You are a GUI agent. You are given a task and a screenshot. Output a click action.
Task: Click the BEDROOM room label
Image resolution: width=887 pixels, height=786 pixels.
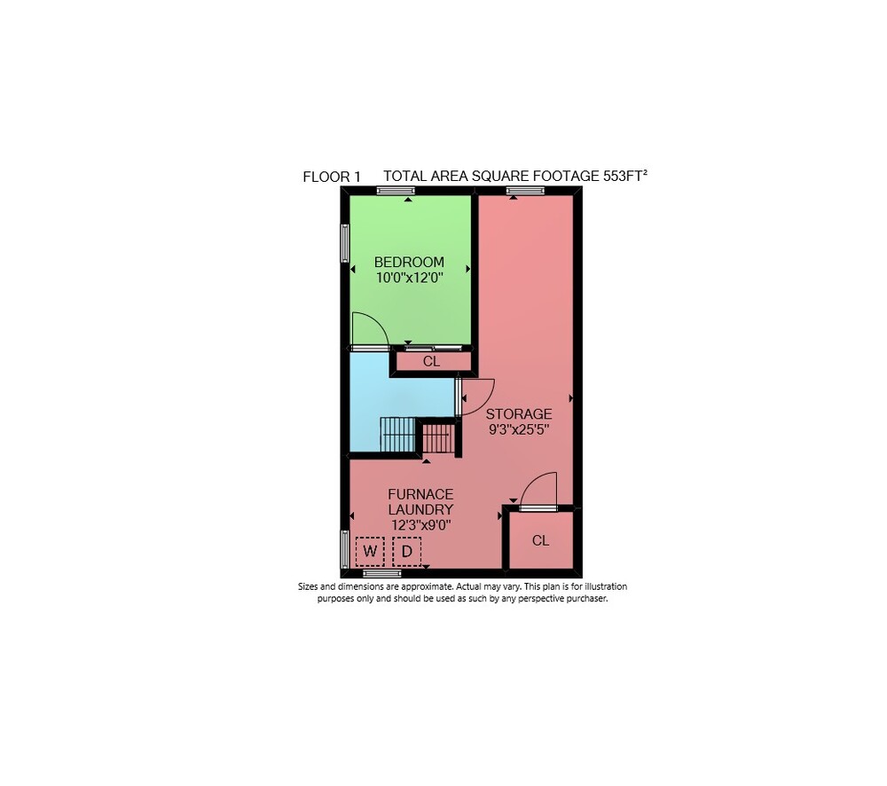tap(409, 262)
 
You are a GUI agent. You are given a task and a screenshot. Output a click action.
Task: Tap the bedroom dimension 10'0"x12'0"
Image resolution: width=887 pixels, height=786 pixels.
tap(409, 278)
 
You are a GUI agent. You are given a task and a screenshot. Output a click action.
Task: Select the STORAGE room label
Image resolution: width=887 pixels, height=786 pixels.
tap(519, 413)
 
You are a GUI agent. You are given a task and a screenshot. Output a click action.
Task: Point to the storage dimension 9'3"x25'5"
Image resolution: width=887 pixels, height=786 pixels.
tap(519, 429)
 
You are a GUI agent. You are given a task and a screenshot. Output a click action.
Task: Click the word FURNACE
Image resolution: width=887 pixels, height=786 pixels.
tap(420, 494)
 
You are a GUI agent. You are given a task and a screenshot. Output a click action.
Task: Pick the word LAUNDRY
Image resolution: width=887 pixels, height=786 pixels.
tap(420, 509)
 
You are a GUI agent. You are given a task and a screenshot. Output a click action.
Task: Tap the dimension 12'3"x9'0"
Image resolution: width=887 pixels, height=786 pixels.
tap(420, 525)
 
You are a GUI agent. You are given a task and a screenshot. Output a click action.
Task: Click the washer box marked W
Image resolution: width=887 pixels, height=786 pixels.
tap(370, 551)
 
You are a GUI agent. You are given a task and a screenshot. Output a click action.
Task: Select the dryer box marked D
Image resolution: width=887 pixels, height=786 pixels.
tap(407, 551)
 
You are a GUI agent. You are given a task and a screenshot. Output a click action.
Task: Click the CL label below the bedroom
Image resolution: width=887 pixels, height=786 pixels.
tap(431, 361)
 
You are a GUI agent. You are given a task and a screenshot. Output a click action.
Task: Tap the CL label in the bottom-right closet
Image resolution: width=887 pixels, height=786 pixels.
tap(540, 540)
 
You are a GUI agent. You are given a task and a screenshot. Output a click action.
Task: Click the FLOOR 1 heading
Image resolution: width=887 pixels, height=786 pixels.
tap(332, 177)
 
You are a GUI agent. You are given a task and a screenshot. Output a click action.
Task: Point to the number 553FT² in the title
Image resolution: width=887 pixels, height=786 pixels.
tap(625, 176)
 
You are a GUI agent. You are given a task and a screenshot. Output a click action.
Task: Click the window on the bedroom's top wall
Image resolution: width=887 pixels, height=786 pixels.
tap(396, 191)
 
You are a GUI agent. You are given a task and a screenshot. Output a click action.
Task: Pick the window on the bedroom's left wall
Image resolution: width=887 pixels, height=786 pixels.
tap(344, 243)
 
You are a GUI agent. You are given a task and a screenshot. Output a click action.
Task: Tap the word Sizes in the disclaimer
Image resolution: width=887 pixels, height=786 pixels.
tap(308, 586)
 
